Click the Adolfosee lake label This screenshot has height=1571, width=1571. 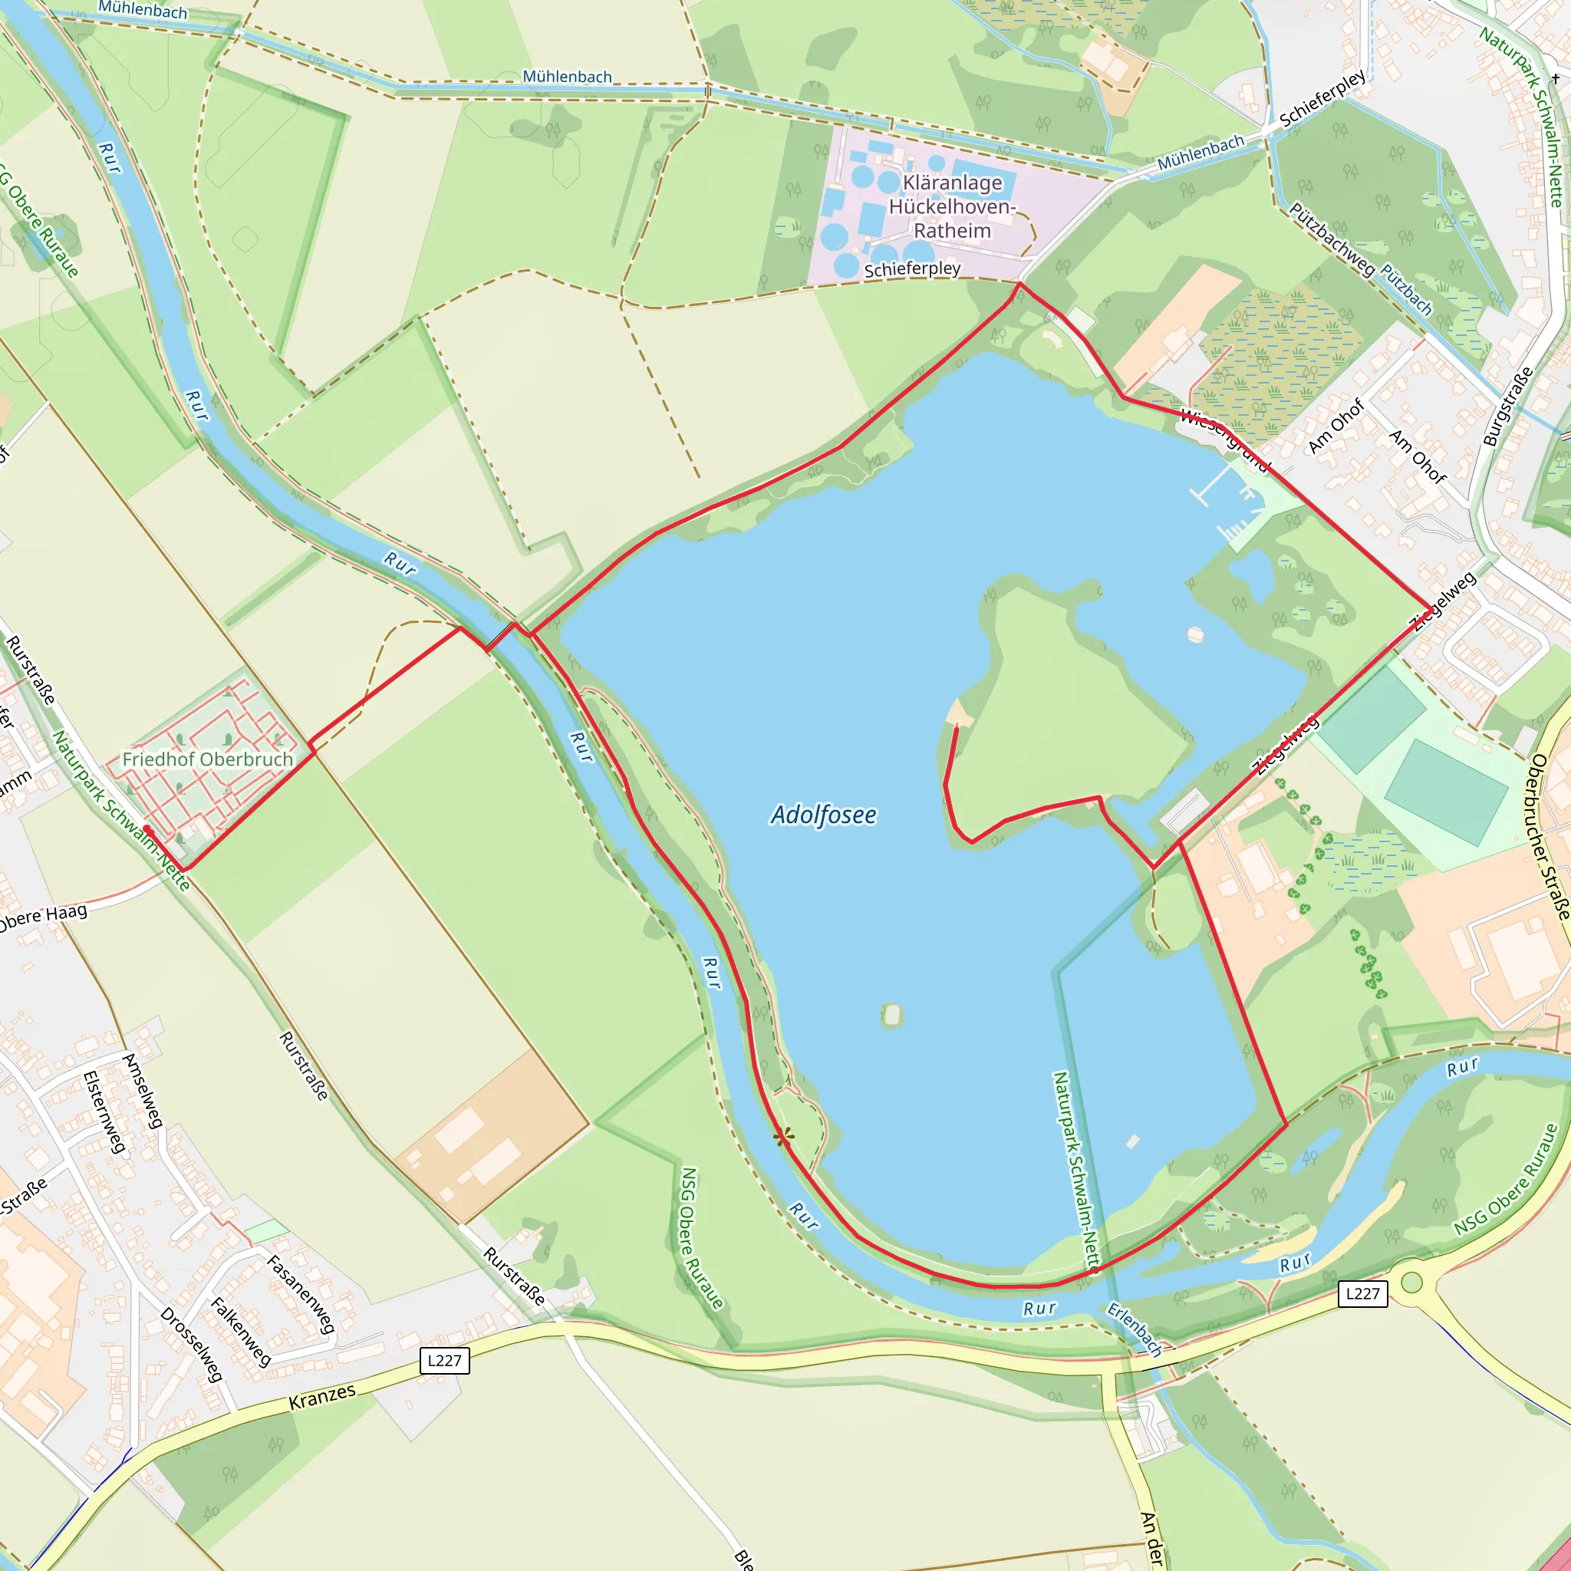[823, 815]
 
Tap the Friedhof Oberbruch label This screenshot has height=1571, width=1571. [207, 759]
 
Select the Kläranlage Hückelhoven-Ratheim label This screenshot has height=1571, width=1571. [951, 206]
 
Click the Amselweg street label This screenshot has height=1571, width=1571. [143, 1091]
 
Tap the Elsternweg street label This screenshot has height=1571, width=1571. [105, 1112]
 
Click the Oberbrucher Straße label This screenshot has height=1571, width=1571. [1549, 838]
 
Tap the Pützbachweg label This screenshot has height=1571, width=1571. [1331, 240]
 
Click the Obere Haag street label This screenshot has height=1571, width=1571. [42, 917]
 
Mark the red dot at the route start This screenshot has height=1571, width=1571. [147, 829]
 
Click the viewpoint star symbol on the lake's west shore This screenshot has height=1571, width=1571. [783, 1138]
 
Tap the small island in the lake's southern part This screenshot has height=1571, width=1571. [892, 1015]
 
